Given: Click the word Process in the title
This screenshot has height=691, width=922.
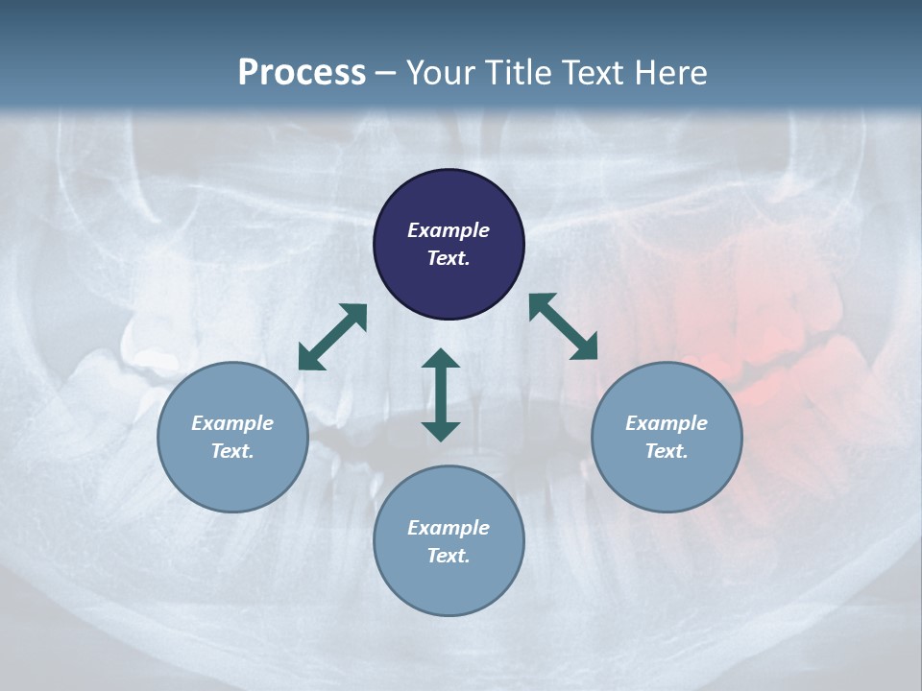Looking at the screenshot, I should click(302, 73).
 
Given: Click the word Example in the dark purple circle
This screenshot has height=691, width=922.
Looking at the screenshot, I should click(449, 230).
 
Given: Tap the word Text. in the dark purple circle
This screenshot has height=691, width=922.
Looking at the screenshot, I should click(449, 258).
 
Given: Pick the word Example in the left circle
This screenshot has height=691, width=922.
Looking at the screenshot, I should click(232, 423).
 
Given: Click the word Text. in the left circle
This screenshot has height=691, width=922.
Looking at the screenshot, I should click(232, 451).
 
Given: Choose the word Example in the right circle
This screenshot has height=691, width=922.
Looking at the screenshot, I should click(667, 423).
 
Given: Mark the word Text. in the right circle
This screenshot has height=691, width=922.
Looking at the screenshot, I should click(667, 451).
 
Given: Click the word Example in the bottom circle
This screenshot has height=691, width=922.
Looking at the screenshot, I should click(449, 528).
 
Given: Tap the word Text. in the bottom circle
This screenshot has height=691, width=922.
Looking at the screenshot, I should click(449, 556).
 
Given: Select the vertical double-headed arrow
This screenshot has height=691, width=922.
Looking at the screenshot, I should click(441, 394).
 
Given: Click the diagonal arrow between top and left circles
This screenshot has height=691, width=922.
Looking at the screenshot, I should click(332, 337).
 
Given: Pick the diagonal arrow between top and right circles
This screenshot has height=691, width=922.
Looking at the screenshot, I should click(564, 327).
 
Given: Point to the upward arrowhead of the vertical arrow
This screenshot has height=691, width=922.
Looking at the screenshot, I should click(441, 360).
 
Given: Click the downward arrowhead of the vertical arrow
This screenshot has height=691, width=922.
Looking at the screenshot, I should click(441, 430).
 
